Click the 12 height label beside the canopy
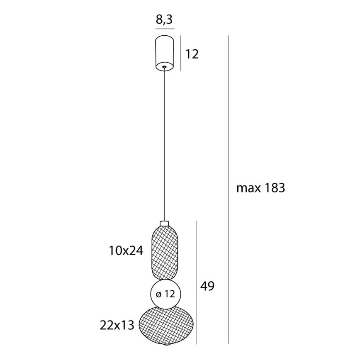tap(192, 54)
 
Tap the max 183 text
tap(260, 188)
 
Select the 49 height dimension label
tap(207, 286)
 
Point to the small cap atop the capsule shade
tap(165, 223)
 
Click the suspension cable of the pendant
tap(165, 145)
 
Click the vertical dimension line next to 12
tap(181, 54)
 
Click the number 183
tap(273, 188)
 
